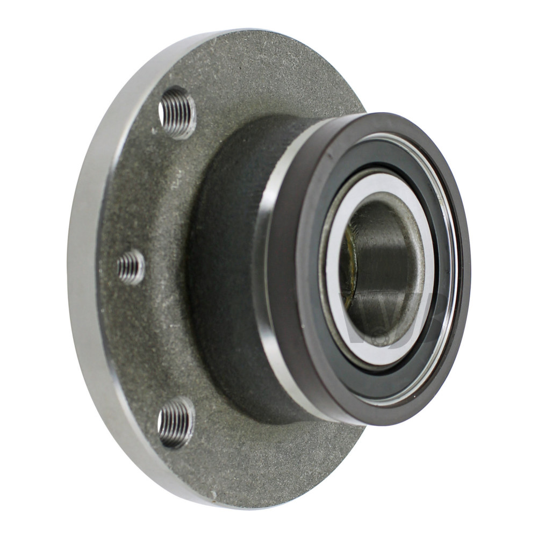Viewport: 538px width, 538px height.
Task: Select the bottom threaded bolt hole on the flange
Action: click(x=176, y=422)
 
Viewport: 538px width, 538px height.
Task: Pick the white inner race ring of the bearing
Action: click(x=425, y=226)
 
